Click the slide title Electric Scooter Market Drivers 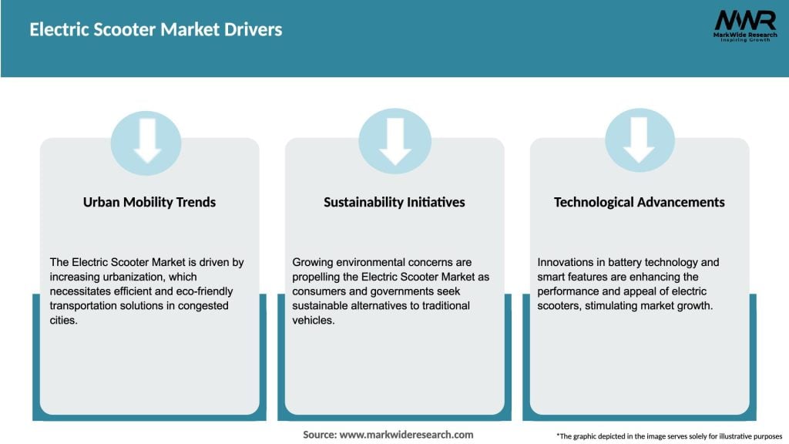coord(156,30)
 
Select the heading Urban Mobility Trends coord(149,202)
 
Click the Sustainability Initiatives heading coord(394,202)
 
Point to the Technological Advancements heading coord(640,202)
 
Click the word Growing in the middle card coord(313,263)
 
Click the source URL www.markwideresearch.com coord(406,435)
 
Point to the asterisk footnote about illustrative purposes coord(668,436)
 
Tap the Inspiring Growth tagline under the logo coord(744,40)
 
